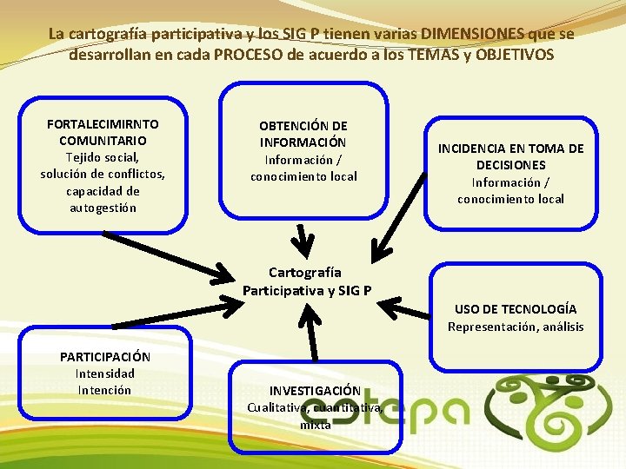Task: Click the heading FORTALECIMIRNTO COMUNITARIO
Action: [x=103, y=132]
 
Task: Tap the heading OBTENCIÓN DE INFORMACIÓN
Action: [x=303, y=134]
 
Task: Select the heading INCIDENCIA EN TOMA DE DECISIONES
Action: [x=510, y=156]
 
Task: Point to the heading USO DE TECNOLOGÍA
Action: [x=516, y=308]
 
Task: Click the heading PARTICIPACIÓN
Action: [x=104, y=356]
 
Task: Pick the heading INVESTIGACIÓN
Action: [x=314, y=391]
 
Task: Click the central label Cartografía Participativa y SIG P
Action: [x=307, y=281]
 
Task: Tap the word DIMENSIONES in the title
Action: [x=471, y=34]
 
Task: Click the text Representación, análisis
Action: [x=516, y=327]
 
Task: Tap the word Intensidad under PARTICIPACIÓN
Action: [x=104, y=373]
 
